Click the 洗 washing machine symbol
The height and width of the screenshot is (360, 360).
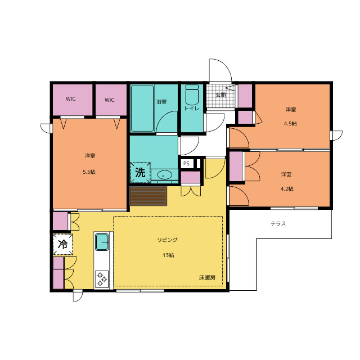pos(140,173)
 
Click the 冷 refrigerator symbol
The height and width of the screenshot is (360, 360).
pos(62,244)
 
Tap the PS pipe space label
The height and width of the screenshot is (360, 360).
pos(186,164)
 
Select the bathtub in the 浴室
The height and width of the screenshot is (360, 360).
pos(142,109)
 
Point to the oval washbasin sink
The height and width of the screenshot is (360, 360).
pos(165,175)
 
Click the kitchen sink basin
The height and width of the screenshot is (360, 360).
pos(102,242)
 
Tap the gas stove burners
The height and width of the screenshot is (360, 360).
pos(102,279)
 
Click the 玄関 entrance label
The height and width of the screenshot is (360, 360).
pos(220,94)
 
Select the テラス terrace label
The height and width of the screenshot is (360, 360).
pos(278,223)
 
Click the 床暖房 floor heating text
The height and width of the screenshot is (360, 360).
pos(208,277)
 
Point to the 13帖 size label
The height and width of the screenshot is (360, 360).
pos(169,255)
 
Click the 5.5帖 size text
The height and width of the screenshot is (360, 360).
pos(89,172)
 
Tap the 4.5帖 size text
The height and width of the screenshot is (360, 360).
pos(290,124)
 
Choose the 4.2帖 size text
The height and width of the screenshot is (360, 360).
pos(287,189)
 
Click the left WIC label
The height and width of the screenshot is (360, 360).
pos(71,99)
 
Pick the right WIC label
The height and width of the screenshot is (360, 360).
pos(110,100)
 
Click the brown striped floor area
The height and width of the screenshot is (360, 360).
pos(148,196)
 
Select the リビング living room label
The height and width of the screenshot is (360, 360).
pos(168,240)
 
